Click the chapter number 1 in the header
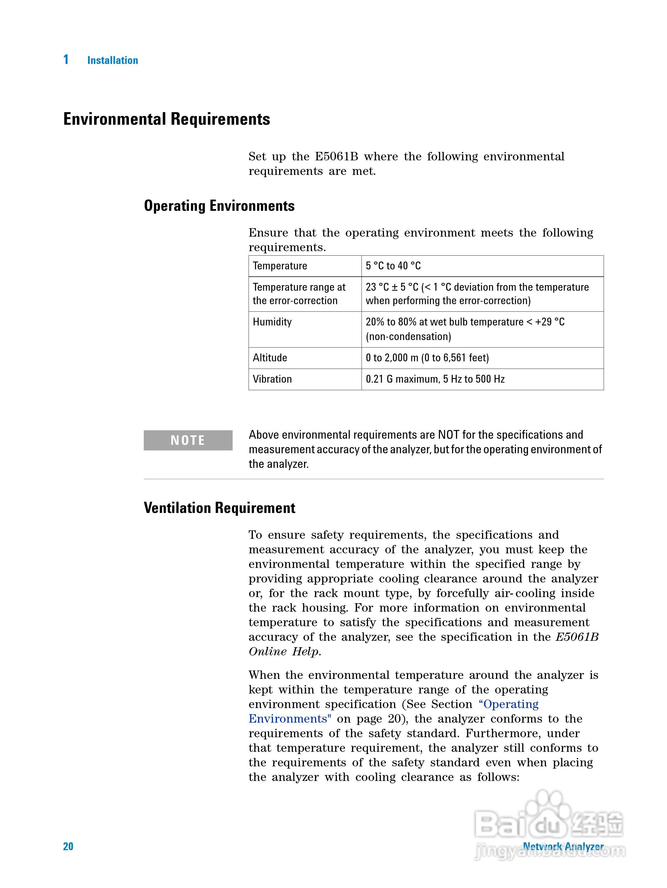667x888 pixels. (x=66, y=59)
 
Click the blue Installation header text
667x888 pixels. (x=112, y=60)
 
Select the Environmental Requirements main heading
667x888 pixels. (x=166, y=119)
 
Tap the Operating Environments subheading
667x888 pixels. (x=219, y=205)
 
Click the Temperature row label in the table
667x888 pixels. (x=280, y=266)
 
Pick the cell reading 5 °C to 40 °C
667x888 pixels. (x=393, y=266)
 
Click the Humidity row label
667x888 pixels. (x=272, y=322)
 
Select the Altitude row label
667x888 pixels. (x=270, y=358)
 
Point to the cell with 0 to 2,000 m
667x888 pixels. (x=427, y=358)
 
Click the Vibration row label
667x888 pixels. (x=272, y=379)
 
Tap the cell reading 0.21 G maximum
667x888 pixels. (x=435, y=379)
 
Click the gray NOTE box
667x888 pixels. (x=188, y=440)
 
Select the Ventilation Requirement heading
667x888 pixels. (x=219, y=508)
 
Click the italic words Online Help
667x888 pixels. (x=284, y=651)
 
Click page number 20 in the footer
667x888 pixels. (x=68, y=846)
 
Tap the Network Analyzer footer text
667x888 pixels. (x=563, y=846)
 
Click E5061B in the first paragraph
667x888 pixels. (x=336, y=157)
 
